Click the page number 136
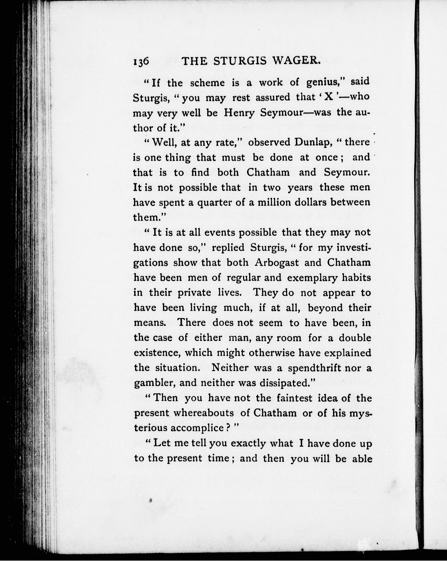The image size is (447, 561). [x=141, y=63]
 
